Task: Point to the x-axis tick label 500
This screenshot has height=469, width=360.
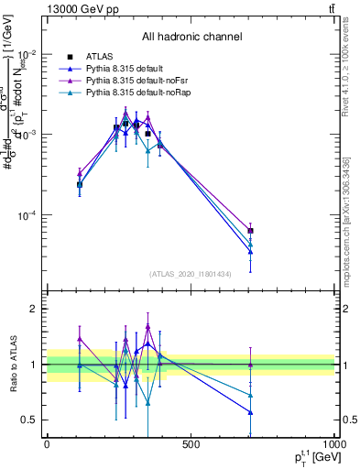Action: [x=191, y=444]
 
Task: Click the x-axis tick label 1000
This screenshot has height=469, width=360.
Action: [x=333, y=444]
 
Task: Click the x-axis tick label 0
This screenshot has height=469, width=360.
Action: [x=47, y=444]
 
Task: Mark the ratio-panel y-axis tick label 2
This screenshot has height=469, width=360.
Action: [x=32, y=310]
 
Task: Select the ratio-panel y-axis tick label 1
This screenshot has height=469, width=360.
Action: [x=32, y=365]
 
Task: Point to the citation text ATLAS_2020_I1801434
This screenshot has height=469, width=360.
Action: [x=191, y=274]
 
